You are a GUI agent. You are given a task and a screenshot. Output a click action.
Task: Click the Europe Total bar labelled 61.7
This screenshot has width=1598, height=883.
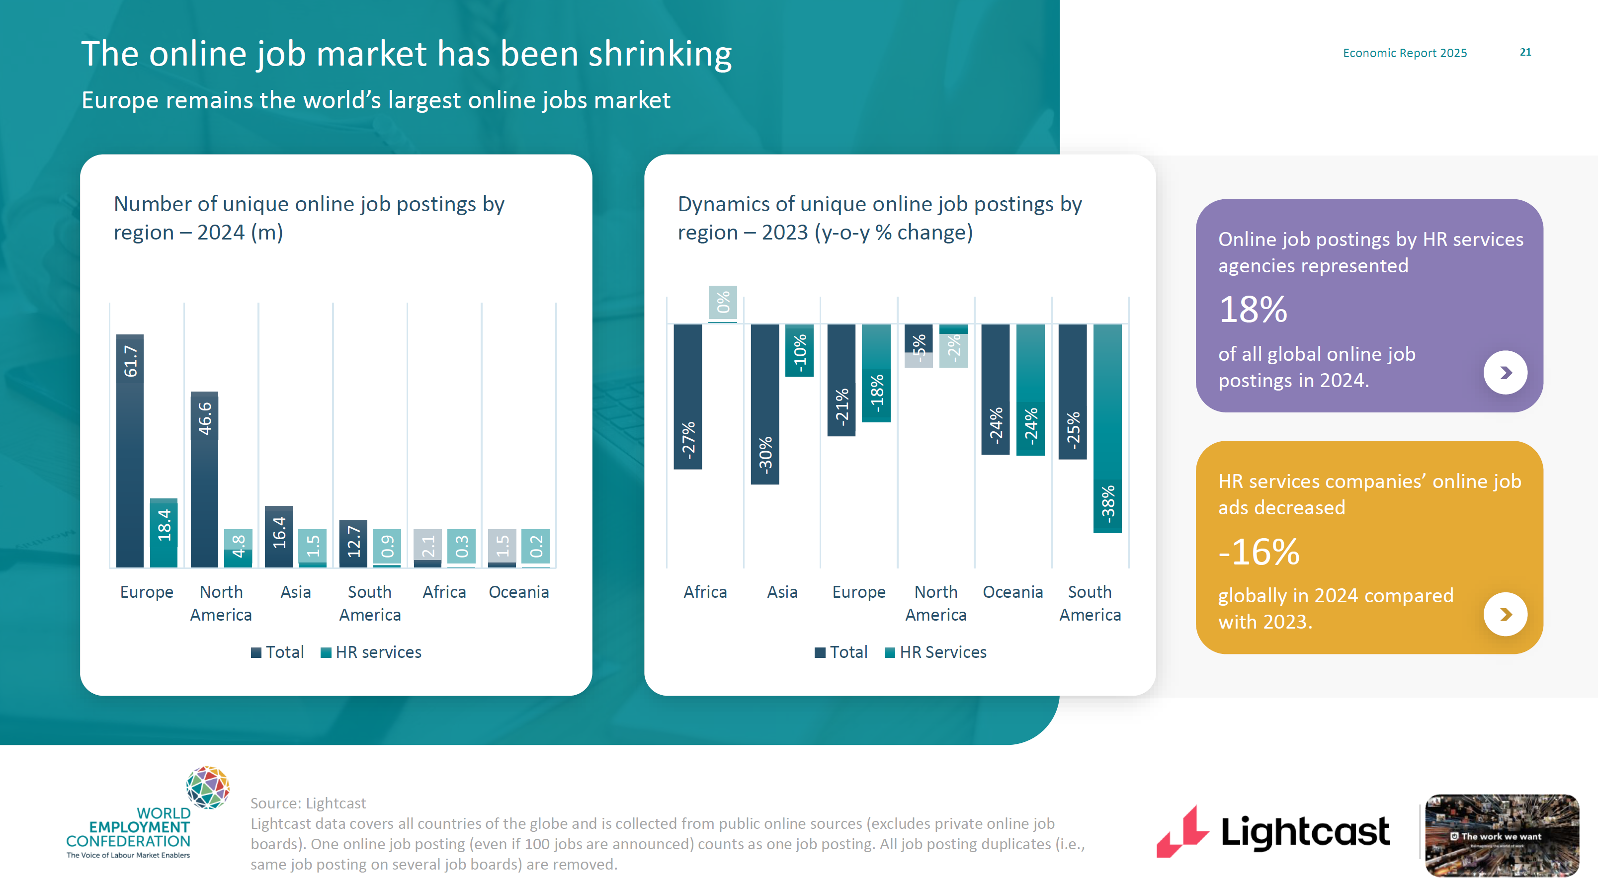coord(130,451)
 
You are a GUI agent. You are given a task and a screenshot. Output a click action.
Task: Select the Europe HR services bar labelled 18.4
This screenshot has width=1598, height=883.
coord(164,533)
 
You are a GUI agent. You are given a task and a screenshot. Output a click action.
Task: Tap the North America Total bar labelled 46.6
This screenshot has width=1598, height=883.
coord(204,480)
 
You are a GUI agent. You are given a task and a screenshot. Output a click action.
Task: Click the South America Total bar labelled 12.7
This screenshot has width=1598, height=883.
coord(353,543)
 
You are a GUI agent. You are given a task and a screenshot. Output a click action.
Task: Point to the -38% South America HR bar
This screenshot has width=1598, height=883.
coord(1107,428)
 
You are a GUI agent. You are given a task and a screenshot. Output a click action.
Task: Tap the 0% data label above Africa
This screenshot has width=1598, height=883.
coord(723,302)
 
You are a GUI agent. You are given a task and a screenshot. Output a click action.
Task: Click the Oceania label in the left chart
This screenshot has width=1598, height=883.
coord(518,592)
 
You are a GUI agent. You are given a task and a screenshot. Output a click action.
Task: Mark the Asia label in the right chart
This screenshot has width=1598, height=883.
coord(782,592)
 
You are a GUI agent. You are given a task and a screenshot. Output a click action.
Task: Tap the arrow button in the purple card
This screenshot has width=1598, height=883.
coord(1505,373)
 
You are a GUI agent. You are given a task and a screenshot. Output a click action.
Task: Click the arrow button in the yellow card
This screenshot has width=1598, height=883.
coord(1505,615)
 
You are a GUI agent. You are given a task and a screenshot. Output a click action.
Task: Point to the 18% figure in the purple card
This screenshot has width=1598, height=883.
coord(1253,310)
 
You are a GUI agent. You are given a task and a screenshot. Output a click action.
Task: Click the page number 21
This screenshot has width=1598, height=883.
coord(1525,53)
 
